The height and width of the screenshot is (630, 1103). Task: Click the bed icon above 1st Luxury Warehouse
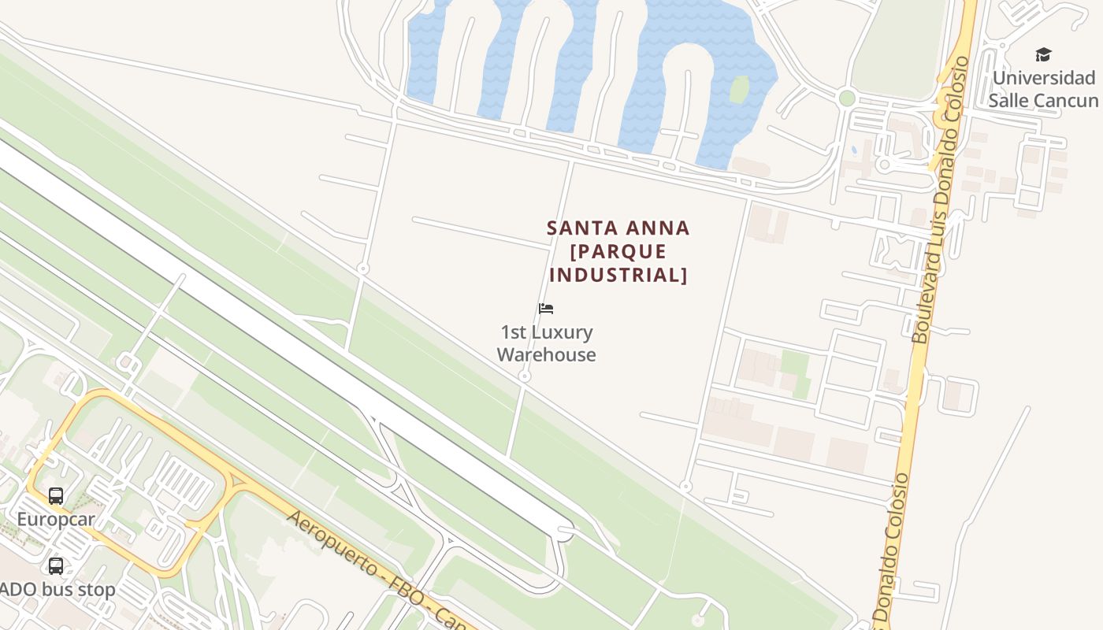(x=546, y=309)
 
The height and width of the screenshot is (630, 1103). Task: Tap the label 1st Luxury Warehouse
(x=546, y=343)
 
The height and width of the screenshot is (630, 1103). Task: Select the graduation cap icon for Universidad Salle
(x=1043, y=54)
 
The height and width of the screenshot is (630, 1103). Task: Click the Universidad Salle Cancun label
(x=1043, y=89)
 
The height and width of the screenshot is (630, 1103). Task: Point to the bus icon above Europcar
(x=56, y=496)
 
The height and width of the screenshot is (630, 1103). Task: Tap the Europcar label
(x=56, y=520)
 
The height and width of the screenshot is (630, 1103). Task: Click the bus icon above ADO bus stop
(x=56, y=566)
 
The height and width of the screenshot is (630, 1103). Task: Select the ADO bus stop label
(x=58, y=590)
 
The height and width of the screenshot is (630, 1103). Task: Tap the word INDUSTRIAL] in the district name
(x=618, y=275)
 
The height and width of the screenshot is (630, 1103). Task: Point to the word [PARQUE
(x=618, y=252)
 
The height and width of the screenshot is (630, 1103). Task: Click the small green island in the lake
(x=739, y=89)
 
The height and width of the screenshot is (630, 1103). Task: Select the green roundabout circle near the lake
(x=847, y=98)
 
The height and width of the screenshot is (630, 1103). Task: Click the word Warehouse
(x=546, y=355)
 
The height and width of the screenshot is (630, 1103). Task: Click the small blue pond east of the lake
(x=853, y=150)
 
